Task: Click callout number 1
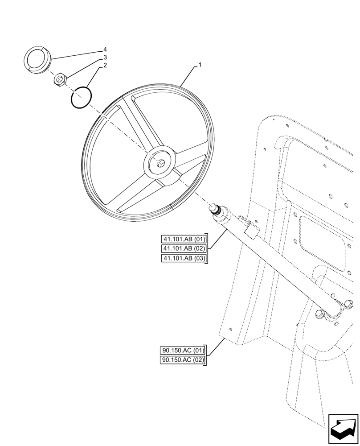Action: pos(200,65)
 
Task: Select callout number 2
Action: pos(105,66)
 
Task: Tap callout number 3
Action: pos(105,58)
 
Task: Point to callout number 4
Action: pos(105,49)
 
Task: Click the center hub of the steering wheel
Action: pos(160,164)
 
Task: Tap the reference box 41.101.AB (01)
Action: pos(184,239)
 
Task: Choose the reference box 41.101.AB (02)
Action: pos(184,248)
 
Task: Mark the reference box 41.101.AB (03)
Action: pos(184,259)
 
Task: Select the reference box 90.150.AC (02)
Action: pos(182,360)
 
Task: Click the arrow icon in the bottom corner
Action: pos(343,429)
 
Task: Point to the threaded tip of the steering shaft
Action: pos(216,209)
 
